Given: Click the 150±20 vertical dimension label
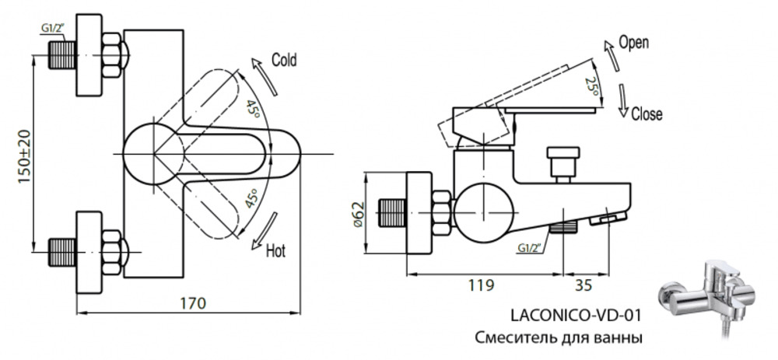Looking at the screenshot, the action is tap(25, 156).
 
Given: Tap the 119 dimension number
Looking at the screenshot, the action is tap(481, 285).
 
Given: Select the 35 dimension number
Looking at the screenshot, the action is tap(583, 285).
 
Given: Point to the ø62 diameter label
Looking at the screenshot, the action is tap(358, 215).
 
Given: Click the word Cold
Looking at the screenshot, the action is tap(284, 60).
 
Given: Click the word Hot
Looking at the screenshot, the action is tap(276, 250).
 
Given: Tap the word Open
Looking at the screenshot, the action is tap(633, 43).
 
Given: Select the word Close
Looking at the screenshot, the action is tap(647, 114).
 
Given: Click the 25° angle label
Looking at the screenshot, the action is tap(591, 86).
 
